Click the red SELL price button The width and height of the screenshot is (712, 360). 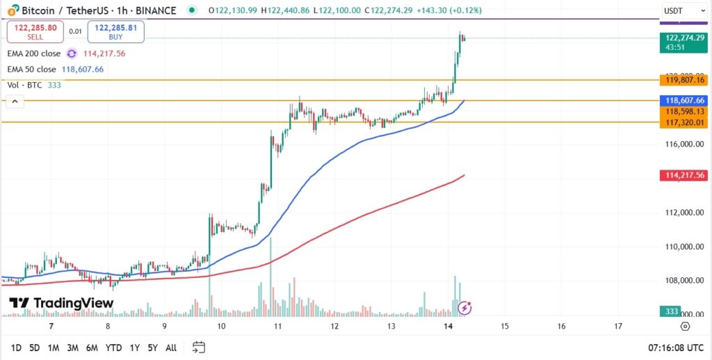pyautogui.click(x=35, y=31)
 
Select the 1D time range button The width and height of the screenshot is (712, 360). pyautogui.click(x=15, y=347)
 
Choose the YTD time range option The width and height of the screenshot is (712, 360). pyautogui.click(x=114, y=347)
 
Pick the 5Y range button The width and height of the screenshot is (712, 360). pyautogui.click(x=152, y=347)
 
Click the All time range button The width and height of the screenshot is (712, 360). pyautogui.click(x=171, y=347)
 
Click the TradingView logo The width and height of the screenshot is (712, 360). pyautogui.click(x=61, y=303)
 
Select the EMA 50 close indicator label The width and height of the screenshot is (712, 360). pyautogui.click(x=31, y=69)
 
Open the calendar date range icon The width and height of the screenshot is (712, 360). pyautogui.click(x=199, y=347)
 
